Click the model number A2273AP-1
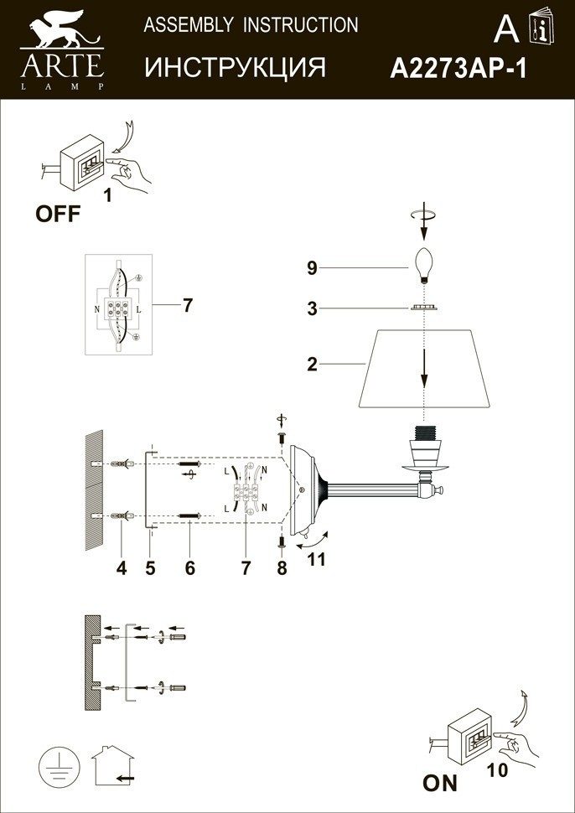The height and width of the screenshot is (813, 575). pyautogui.click(x=458, y=68)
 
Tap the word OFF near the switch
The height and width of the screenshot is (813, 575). pyautogui.click(x=58, y=214)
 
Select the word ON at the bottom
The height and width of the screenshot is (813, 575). pyautogui.click(x=440, y=783)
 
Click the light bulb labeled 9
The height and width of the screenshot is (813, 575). pyautogui.click(x=425, y=265)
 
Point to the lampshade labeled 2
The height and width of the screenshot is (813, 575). pyautogui.click(x=425, y=368)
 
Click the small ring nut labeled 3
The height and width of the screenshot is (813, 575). pyautogui.click(x=424, y=308)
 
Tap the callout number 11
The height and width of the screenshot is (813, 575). pyautogui.click(x=316, y=559)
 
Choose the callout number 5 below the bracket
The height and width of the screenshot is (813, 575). pyautogui.click(x=150, y=568)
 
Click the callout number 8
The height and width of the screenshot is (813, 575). pyautogui.click(x=282, y=568)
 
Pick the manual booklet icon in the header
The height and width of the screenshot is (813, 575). pyautogui.click(x=541, y=25)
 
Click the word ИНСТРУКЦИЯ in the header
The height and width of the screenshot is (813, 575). pyautogui.click(x=235, y=67)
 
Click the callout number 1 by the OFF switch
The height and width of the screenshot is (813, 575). pyautogui.click(x=108, y=196)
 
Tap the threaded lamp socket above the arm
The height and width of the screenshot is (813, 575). pyautogui.click(x=424, y=446)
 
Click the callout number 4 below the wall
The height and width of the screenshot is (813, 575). pyautogui.click(x=122, y=568)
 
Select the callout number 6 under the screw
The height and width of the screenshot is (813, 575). pyautogui.click(x=189, y=568)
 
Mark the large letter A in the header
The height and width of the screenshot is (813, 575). pyautogui.click(x=506, y=29)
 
